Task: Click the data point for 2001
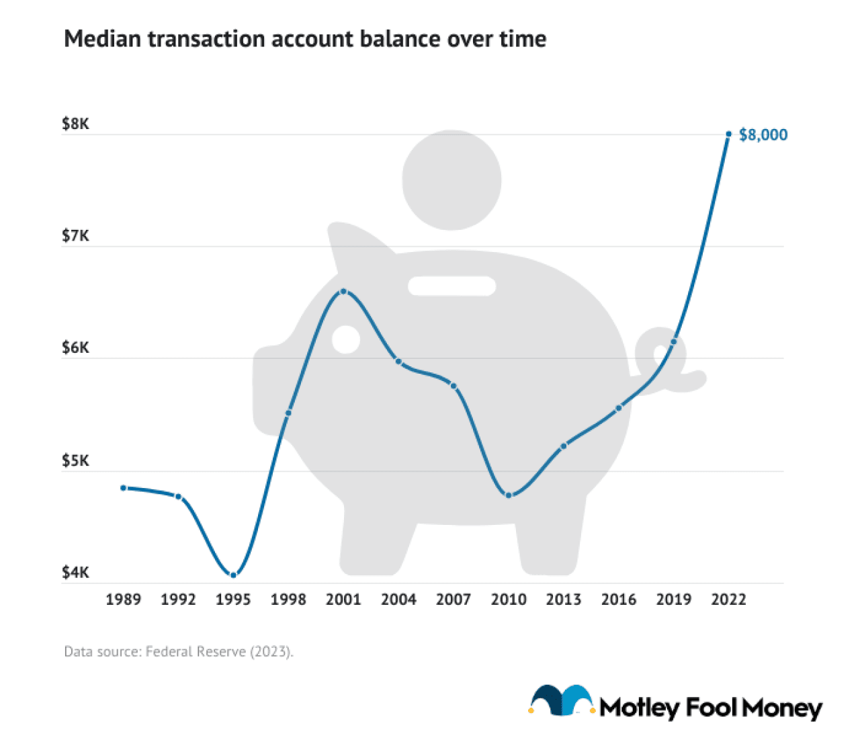pos(343,291)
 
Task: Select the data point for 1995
pos(233,575)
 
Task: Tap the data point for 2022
pos(728,134)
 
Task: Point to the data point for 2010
pos(509,495)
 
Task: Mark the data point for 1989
pos(124,488)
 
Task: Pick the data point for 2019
pos(674,342)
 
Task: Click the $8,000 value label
pos(763,135)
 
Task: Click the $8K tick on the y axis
pos(75,124)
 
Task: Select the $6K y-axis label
pos(75,348)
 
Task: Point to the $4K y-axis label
pos(75,573)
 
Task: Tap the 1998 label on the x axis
pos(288,600)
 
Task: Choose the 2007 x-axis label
pos(454,600)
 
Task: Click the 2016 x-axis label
pos(619,600)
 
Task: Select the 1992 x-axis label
pos(178,600)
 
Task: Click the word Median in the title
pos(103,39)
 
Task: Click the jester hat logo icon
pos(562,702)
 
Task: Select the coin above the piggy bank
pos(451,180)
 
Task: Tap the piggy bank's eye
pos(346,339)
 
